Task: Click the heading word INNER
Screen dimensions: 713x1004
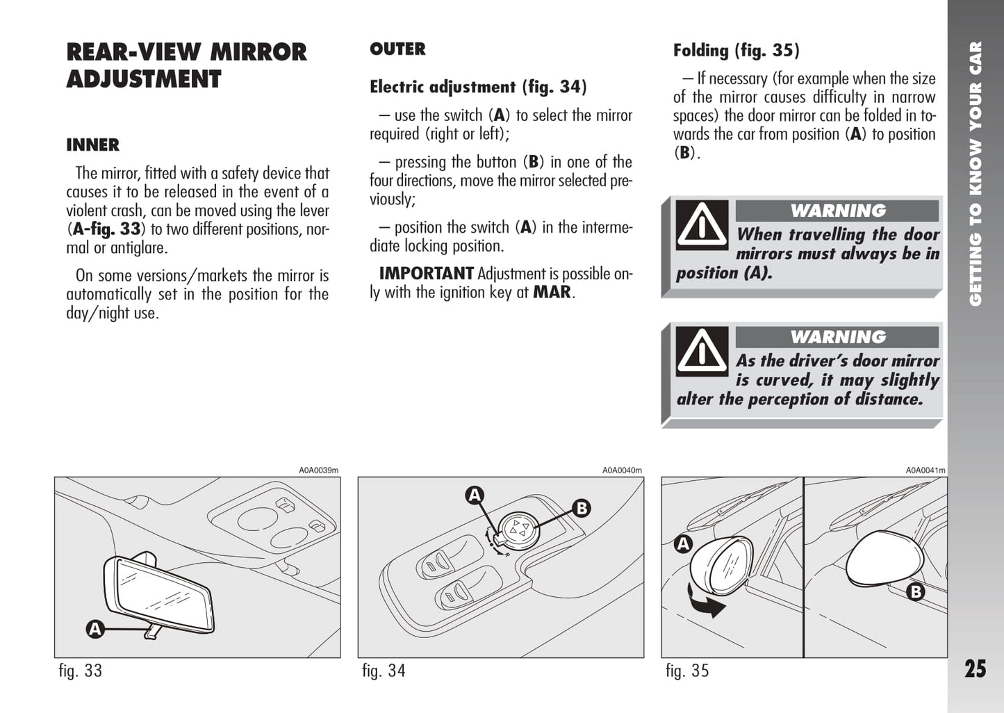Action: pyautogui.click(x=92, y=145)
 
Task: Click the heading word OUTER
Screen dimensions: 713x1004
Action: pyautogui.click(x=397, y=49)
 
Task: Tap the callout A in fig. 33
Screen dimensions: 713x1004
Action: pyautogui.click(x=94, y=630)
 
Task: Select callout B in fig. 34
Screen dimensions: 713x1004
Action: pyautogui.click(x=582, y=508)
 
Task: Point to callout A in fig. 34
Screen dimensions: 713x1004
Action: pyautogui.click(x=475, y=495)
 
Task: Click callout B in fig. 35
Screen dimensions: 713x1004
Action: pyautogui.click(x=916, y=592)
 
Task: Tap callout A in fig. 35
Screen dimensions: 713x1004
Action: pyautogui.click(x=684, y=544)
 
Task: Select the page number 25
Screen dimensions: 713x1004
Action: pyautogui.click(x=975, y=669)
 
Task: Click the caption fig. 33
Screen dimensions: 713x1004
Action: pyautogui.click(x=81, y=671)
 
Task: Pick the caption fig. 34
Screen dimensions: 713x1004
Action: pyautogui.click(x=384, y=671)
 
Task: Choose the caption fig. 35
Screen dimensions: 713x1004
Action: pyautogui.click(x=687, y=671)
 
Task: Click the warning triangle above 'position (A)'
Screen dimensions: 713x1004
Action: pyautogui.click(x=702, y=224)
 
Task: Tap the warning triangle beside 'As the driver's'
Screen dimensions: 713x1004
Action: pyautogui.click(x=702, y=350)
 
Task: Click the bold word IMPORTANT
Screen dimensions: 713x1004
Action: pyautogui.click(x=426, y=274)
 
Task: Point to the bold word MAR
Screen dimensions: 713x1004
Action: pyautogui.click(x=552, y=293)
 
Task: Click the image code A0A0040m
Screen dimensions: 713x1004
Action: pyautogui.click(x=622, y=470)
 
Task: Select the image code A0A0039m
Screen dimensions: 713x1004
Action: pyautogui.click(x=319, y=470)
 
